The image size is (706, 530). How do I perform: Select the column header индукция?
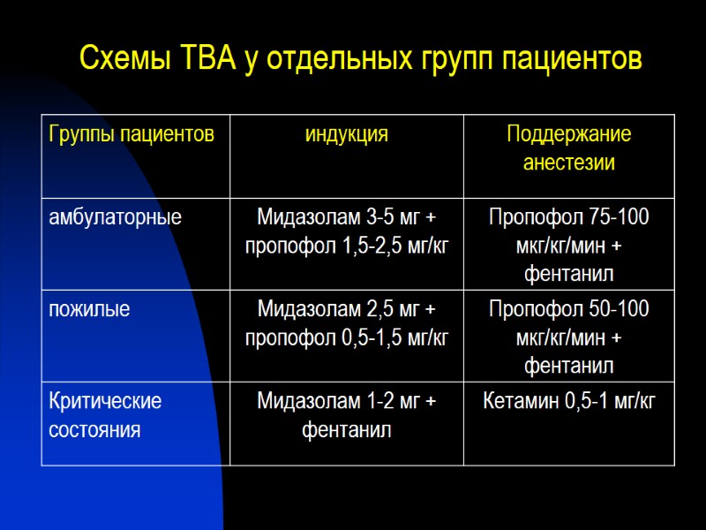pyautogui.click(x=347, y=135)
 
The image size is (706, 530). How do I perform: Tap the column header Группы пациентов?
pyautogui.click(x=132, y=135)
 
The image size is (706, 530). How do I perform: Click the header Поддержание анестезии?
pyautogui.click(x=569, y=149)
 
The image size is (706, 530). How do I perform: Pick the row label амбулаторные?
pyautogui.click(x=116, y=216)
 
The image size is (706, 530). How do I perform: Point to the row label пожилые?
pyautogui.click(x=90, y=309)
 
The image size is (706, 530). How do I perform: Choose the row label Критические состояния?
pyautogui.click(x=106, y=415)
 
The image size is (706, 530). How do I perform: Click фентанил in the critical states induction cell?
pyautogui.click(x=347, y=430)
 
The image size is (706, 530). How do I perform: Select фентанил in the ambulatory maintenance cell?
pyautogui.click(x=569, y=273)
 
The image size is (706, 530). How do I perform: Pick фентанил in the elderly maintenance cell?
pyautogui.click(x=569, y=366)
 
